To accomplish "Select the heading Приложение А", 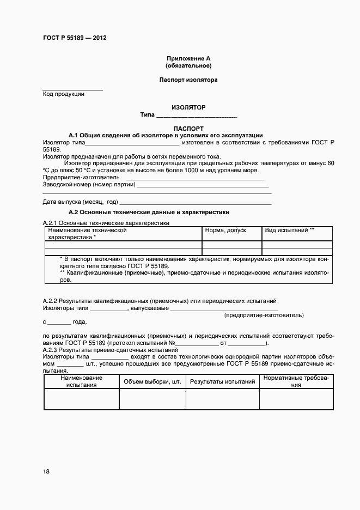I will tap(188, 58).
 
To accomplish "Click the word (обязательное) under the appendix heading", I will tap(188, 66).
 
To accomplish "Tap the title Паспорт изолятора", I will tap(188, 80).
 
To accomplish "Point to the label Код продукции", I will tap(64, 94).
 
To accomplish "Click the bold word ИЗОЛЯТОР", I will tap(188, 108).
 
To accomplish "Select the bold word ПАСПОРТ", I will tap(188, 129).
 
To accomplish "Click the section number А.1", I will tap(74, 135).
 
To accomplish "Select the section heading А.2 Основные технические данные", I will tap(149, 212).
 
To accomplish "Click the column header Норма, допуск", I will tap(225, 230).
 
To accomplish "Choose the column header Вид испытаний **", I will tap(289, 230).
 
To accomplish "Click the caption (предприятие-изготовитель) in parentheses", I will tap(264, 315).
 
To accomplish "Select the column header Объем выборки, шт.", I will tap(152, 382).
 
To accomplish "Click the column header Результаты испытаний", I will tap(222, 382).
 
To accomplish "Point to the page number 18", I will tap(46, 471).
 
